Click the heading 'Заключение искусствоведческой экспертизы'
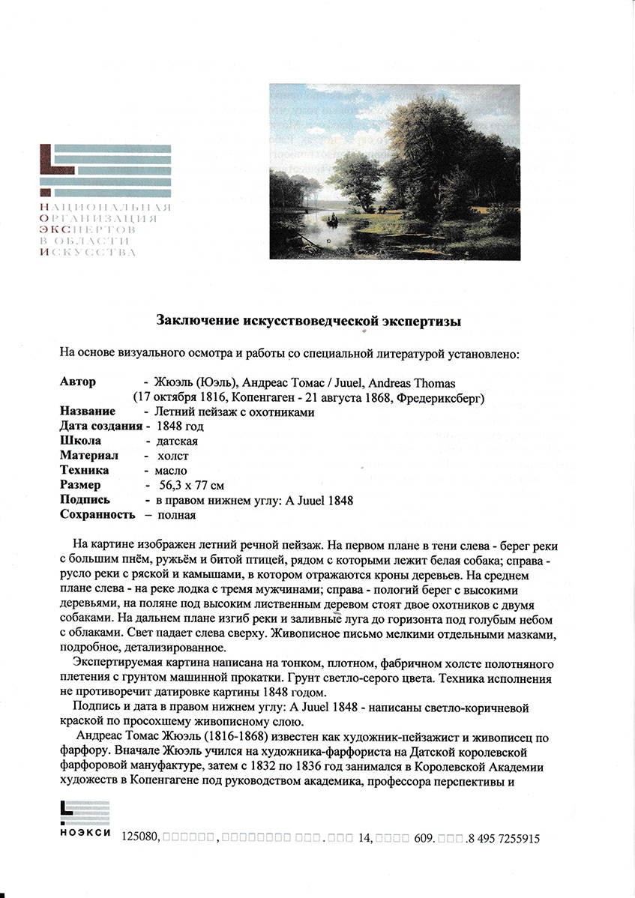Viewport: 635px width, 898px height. click(308, 320)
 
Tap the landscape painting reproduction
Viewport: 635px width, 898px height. click(394, 172)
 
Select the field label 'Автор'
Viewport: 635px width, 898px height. click(78, 382)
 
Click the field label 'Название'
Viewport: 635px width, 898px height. click(88, 412)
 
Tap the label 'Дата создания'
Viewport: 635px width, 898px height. click(100, 427)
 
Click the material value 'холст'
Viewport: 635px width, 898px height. click(173, 456)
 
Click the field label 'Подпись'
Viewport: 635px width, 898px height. click(85, 500)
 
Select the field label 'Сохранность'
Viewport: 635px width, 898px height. click(97, 515)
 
